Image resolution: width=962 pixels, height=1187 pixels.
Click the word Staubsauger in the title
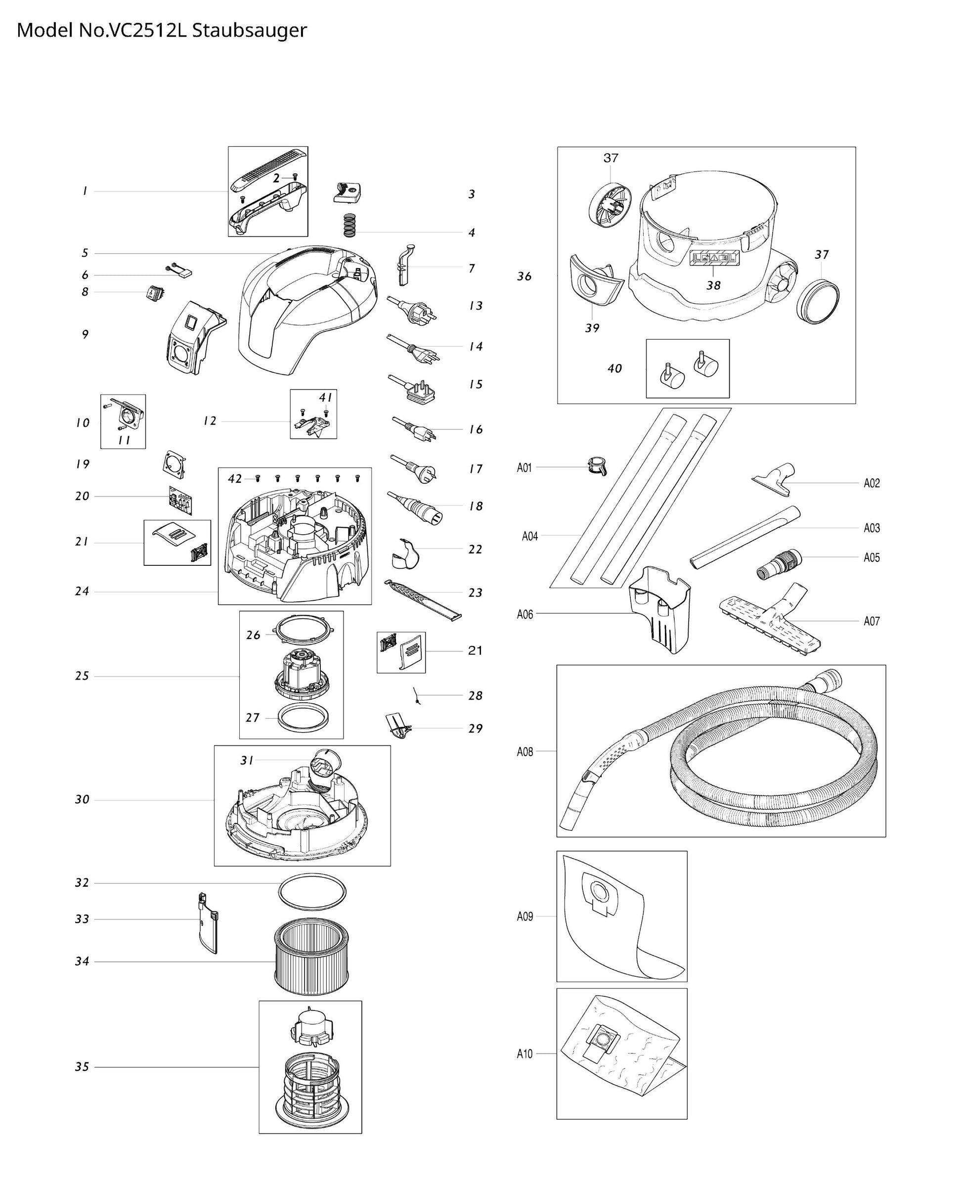(x=249, y=30)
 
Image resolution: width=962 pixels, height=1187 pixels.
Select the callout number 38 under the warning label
(x=713, y=285)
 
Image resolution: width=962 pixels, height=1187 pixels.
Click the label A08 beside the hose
(x=525, y=752)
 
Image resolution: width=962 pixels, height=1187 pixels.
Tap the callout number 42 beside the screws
(x=235, y=478)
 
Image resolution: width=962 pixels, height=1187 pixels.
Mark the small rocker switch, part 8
(x=152, y=293)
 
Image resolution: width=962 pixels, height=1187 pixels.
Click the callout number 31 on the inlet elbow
(x=247, y=760)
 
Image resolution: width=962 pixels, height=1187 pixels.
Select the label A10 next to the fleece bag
(x=525, y=1053)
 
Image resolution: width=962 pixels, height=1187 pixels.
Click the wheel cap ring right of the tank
(x=817, y=302)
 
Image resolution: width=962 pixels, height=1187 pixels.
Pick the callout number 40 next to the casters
(x=614, y=368)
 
